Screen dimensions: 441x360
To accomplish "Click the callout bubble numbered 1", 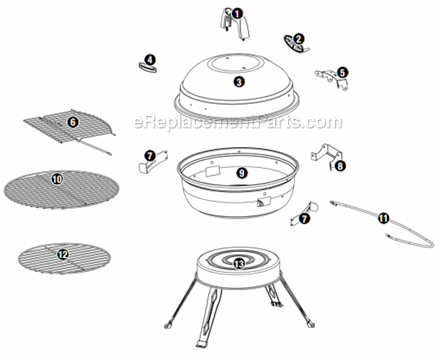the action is [x=238, y=14].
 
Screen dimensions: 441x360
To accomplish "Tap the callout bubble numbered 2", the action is [x=298, y=39].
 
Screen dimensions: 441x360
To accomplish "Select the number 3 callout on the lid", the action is [x=239, y=82].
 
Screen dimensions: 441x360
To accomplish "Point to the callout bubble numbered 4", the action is [x=150, y=60].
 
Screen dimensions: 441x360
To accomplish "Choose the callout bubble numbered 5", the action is [x=342, y=73].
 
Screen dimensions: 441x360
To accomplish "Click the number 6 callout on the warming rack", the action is [x=73, y=122].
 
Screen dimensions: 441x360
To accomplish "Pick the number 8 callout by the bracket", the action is [x=340, y=166].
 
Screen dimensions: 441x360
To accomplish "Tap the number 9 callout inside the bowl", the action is [x=242, y=173].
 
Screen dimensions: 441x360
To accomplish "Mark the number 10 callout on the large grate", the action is [x=57, y=179].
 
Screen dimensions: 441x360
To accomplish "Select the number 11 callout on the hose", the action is [x=383, y=218].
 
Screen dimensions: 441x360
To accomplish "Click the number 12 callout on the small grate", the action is [x=63, y=255].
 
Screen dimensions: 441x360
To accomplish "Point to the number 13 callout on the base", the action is [x=239, y=263].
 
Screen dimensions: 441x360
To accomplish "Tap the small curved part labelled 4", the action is [x=148, y=68].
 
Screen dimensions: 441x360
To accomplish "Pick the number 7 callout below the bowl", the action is [x=304, y=218].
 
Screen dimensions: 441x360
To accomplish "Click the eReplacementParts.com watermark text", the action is [x=237, y=122].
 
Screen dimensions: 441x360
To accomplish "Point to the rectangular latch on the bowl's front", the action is [x=264, y=201].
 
